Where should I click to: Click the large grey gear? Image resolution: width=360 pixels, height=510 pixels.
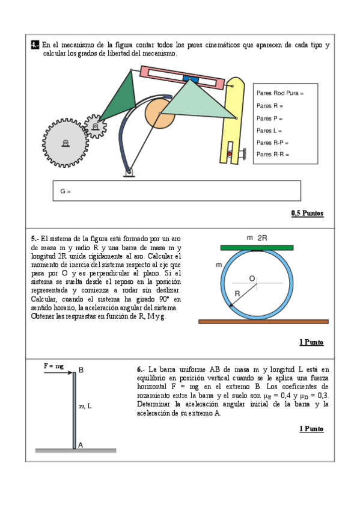click(66, 143)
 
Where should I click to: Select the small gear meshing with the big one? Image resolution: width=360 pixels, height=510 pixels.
click(95, 126)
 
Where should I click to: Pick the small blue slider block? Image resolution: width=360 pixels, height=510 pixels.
click(190, 79)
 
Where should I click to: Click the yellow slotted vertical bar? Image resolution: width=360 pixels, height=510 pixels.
click(233, 120)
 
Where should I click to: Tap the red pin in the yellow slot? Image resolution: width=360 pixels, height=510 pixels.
click(230, 153)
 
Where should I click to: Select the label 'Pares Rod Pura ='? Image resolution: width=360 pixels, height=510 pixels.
click(279, 93)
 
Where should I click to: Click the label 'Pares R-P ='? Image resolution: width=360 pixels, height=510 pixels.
click(272, 143)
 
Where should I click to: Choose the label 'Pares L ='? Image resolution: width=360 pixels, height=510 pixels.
click(269, 131)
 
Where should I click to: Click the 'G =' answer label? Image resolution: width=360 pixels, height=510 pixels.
click(66, 191)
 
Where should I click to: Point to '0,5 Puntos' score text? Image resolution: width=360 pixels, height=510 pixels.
click(307, 214)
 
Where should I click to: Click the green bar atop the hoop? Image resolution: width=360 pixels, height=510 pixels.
click(257, 248)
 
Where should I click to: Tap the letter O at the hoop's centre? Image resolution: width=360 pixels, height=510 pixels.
click(252, 278)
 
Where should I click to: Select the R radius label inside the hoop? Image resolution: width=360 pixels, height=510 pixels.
click(237, 293)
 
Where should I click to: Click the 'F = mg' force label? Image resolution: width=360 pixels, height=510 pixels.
click(53, 366)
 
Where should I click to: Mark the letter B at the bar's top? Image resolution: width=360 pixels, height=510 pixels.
click(81, 370)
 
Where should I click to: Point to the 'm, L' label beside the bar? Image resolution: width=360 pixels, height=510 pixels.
click(85, 406)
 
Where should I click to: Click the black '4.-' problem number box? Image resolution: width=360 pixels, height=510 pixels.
click(35, 45)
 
